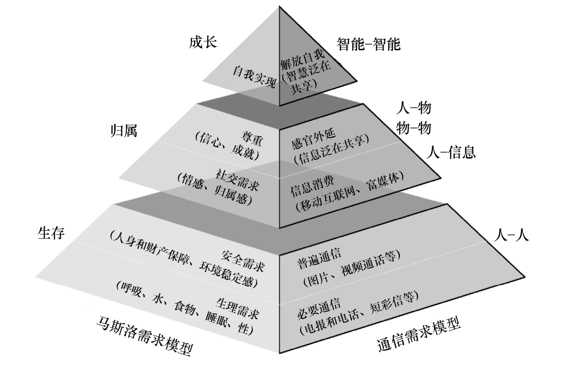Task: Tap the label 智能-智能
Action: (368, 44)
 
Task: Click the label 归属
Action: (124, 131)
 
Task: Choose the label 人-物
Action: (413, 109)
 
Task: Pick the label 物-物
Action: (413, 128)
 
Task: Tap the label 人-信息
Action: (452, 151)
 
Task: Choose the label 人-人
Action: (512, 235)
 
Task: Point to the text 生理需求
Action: (237, 307)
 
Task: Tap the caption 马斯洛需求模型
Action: (143, 336)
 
